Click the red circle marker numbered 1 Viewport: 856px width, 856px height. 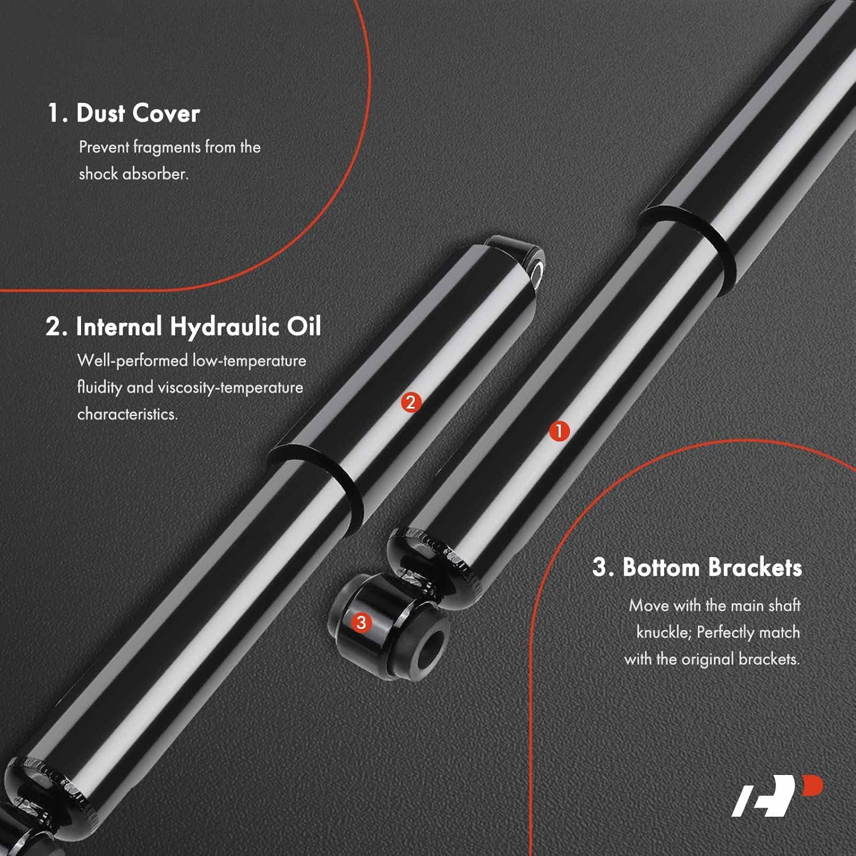tap(559, 431)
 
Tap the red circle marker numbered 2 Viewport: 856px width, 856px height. tap(411, 402)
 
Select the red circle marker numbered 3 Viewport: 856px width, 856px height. tap(361, 622)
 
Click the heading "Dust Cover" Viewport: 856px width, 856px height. tap(138, 113)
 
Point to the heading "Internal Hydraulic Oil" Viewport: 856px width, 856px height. tap(198, 326)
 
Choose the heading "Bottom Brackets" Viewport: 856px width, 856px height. tap(712, 567)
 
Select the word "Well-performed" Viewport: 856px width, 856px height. tap(132, 361)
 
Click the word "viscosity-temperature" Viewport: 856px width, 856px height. tap(231, 388)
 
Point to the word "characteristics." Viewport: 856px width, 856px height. tap(127, 414)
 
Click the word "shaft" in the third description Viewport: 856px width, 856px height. tap(784, 605)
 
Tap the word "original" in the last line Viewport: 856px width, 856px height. tap(708, 660)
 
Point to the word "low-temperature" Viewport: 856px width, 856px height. tap(249, 361)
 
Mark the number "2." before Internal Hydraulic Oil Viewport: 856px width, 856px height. tap(56, 326)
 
